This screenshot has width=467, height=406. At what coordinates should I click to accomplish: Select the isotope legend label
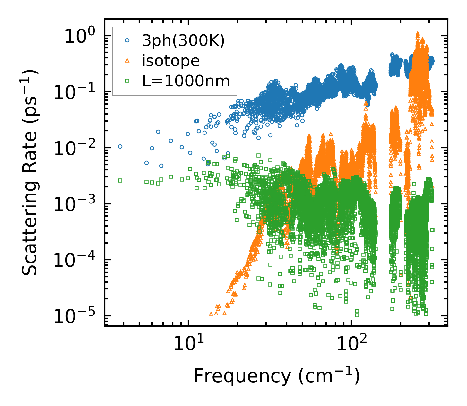(x=171, y=61)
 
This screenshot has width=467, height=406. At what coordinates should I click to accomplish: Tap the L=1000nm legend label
(x=186, y=81)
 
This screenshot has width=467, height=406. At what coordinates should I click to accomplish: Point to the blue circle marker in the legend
(x=127, y=41)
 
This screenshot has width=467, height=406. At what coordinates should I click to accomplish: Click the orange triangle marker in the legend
(x=127, y=61)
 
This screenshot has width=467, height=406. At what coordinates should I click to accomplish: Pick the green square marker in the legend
(x=127, y=81)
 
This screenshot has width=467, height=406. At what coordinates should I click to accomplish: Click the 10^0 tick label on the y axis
(x=79, y=36)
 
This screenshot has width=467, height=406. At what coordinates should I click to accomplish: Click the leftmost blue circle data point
(x=120, y=146)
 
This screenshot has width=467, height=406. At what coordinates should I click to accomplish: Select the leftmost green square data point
(x=120, y=180)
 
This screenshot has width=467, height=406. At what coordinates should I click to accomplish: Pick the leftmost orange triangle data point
(x=211, y=314)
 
